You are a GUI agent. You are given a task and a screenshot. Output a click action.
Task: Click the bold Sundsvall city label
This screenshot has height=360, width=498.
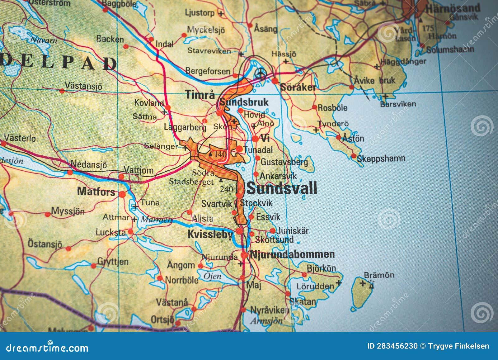tap(282, 188)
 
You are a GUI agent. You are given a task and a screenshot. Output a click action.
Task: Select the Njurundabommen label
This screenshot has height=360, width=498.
tap(292, 254)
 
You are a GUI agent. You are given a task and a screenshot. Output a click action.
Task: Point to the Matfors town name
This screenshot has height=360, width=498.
tap(96, 191)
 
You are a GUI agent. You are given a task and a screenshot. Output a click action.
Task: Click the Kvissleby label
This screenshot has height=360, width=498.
tap(210, 234)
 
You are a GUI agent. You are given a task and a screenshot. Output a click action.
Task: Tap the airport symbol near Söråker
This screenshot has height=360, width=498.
tap(260, 73)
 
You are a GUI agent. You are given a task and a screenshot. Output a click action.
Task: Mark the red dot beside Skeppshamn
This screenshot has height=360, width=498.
tap(354, 156)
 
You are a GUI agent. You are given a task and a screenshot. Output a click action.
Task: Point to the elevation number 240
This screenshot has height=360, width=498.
tap(226, 189)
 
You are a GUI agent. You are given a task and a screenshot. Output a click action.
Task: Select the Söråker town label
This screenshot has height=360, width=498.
tap(298, 87)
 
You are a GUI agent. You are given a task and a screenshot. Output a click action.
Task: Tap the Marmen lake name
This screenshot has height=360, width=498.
tap(156, 220)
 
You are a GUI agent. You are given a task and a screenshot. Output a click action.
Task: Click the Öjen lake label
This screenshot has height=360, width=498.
tap(213, 276)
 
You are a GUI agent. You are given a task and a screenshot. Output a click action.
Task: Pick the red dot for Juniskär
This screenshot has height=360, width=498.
tap(272, 231)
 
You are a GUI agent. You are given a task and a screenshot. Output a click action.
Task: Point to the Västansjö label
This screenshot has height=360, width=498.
tap(83, 86)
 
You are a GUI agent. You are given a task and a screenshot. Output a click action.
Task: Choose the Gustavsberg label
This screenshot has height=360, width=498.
tap(284, 162)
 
